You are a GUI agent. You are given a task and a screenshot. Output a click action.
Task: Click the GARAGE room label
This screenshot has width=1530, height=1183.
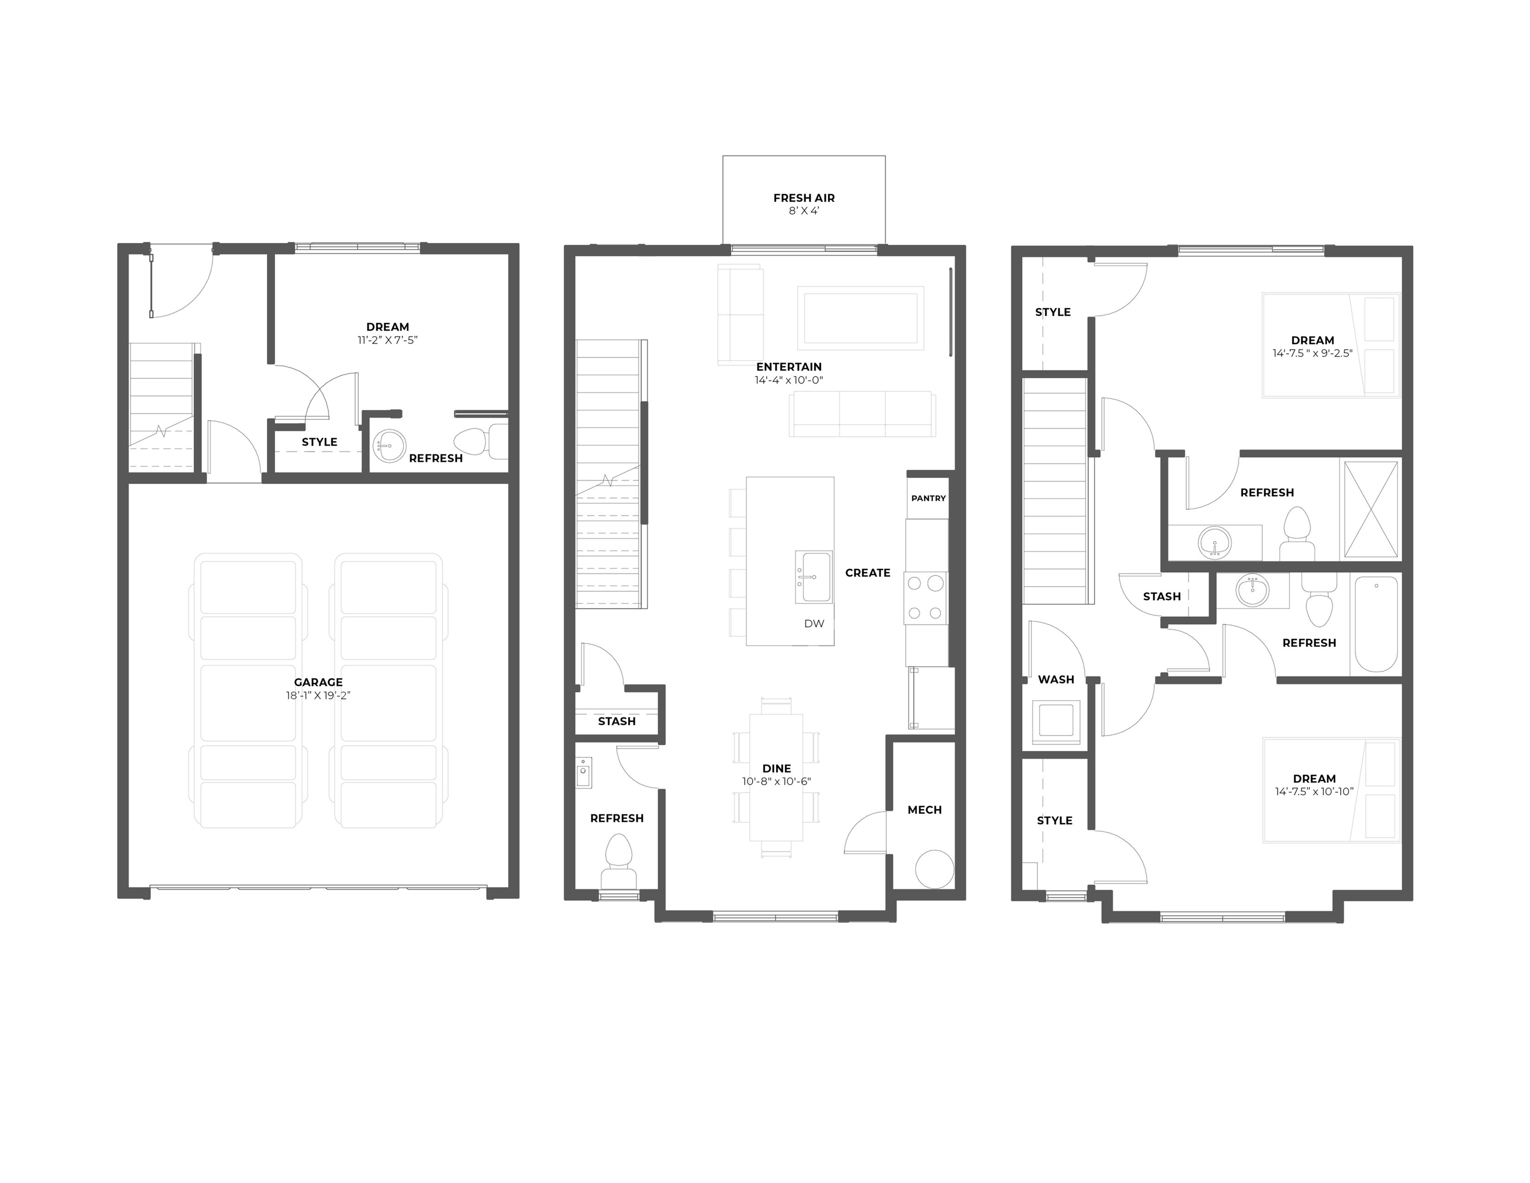tap(318, 682)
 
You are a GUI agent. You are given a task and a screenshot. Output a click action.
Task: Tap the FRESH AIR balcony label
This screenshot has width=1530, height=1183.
tap(803, 198)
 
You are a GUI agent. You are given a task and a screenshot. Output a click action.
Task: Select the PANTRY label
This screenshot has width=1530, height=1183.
tap(928, 498)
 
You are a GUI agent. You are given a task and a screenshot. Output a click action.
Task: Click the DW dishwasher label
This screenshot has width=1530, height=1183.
tap(814, 624)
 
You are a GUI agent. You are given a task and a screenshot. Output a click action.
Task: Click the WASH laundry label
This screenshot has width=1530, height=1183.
tap(1056, 679)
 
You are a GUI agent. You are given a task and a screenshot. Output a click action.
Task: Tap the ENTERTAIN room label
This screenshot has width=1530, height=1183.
tap(789, 366)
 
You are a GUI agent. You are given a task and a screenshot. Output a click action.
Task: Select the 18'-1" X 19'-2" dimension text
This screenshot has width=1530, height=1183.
tap(318, 695)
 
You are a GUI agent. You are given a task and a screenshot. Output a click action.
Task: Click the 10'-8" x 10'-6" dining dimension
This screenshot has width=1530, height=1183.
tap(776, 781)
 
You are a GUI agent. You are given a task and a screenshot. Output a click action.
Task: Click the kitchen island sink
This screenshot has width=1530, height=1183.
tap(814, 577)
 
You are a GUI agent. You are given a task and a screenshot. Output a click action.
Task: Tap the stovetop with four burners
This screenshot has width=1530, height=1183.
tap(925, 598)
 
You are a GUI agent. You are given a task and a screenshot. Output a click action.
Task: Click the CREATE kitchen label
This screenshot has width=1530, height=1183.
tap(867, 572)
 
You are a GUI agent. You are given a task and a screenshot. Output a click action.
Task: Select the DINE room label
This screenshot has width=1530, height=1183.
tap(776, 768)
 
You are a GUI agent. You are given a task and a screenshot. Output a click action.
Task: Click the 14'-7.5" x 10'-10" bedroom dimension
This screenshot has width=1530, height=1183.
tap(1314, 792)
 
